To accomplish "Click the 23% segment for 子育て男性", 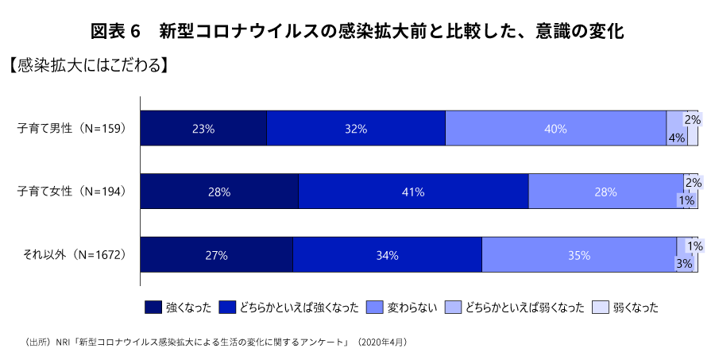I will coord(203,129).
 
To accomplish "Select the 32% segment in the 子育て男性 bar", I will coord(356,129).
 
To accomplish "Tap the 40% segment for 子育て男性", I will coord(555,129).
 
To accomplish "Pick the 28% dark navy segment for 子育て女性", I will coord(219,192).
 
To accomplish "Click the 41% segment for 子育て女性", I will coord(413,192).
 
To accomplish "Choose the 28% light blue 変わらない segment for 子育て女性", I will coord(605,192).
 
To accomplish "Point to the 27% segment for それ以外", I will coord(216,255).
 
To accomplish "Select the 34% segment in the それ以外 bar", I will coord(387,255).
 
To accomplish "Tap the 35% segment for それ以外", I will coord(579,255).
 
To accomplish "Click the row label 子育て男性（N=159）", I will coord(72,129).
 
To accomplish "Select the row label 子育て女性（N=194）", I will coord(72,192).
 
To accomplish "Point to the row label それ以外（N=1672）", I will coord(75,255).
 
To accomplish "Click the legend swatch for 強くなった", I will coord(153,307).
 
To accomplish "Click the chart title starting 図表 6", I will coord(357,32).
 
